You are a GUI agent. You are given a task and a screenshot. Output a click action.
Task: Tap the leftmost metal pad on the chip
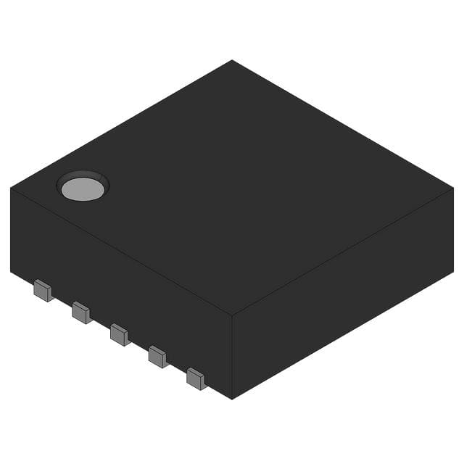point(43,292)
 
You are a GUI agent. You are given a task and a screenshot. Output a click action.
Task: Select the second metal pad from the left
point(81,313)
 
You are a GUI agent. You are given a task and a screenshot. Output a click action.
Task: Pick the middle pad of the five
point(119,334)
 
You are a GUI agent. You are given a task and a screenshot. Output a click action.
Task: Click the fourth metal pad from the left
point(157,356)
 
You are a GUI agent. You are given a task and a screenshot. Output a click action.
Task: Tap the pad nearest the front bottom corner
point(196,378)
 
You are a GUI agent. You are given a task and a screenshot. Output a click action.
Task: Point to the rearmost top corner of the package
point(232,60)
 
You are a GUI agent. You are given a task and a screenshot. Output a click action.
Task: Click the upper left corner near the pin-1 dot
point(11,188)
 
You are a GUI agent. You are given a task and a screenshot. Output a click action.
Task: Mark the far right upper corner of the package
point(453,188)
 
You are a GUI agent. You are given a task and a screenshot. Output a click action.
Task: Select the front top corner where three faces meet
point(232,316)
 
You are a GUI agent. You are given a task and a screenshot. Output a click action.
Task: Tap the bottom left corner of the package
point(11,272)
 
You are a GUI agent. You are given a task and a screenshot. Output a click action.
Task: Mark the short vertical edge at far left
point(11,230)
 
